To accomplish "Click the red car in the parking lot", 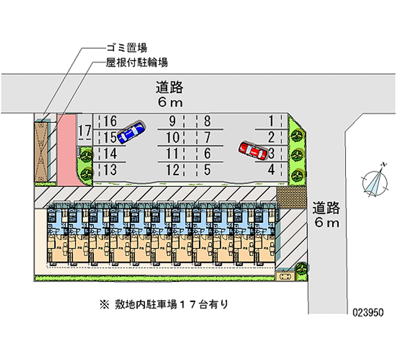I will point(253,151).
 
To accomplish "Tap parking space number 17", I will point(85,131).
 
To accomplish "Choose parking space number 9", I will point(172,121).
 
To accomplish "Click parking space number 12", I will point(172,170).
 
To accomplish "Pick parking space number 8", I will point(207,121).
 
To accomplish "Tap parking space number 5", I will point(207,170).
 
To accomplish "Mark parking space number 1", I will point(271,121).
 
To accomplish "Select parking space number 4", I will point(271,170).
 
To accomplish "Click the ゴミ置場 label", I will point(126,48).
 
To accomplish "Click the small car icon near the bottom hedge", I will point(284,276).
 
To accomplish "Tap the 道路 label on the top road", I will point(169,88).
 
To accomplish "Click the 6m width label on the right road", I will point(326,222).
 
